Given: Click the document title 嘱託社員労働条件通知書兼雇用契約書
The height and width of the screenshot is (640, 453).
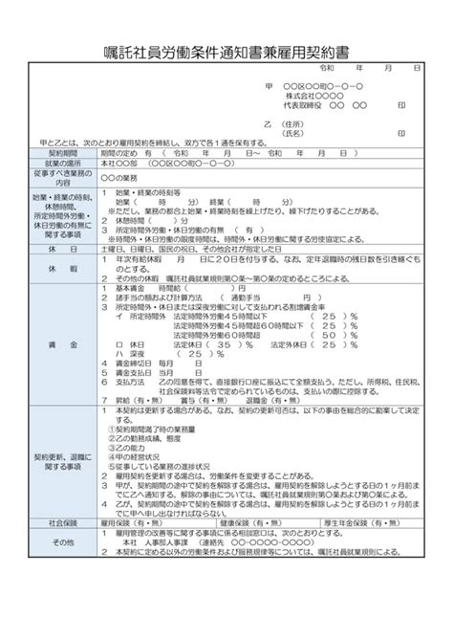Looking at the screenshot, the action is (x=226, y=50).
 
